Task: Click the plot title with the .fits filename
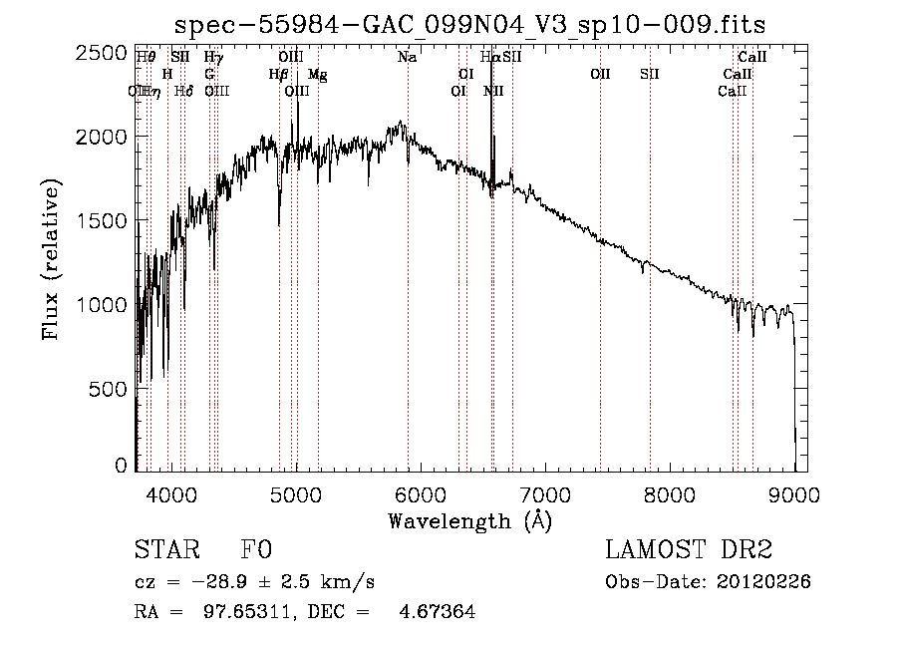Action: (x=469, y=24)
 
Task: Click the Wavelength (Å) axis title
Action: (x=469, y=520)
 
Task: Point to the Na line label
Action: (x=407, y=58)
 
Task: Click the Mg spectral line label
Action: (x=317, y=75)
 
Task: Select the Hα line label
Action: (x=489, y=58)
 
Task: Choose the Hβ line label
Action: (x=278, y=75)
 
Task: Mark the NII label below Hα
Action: (x=493, y=92)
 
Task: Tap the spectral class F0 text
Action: (x=256, y=550)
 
